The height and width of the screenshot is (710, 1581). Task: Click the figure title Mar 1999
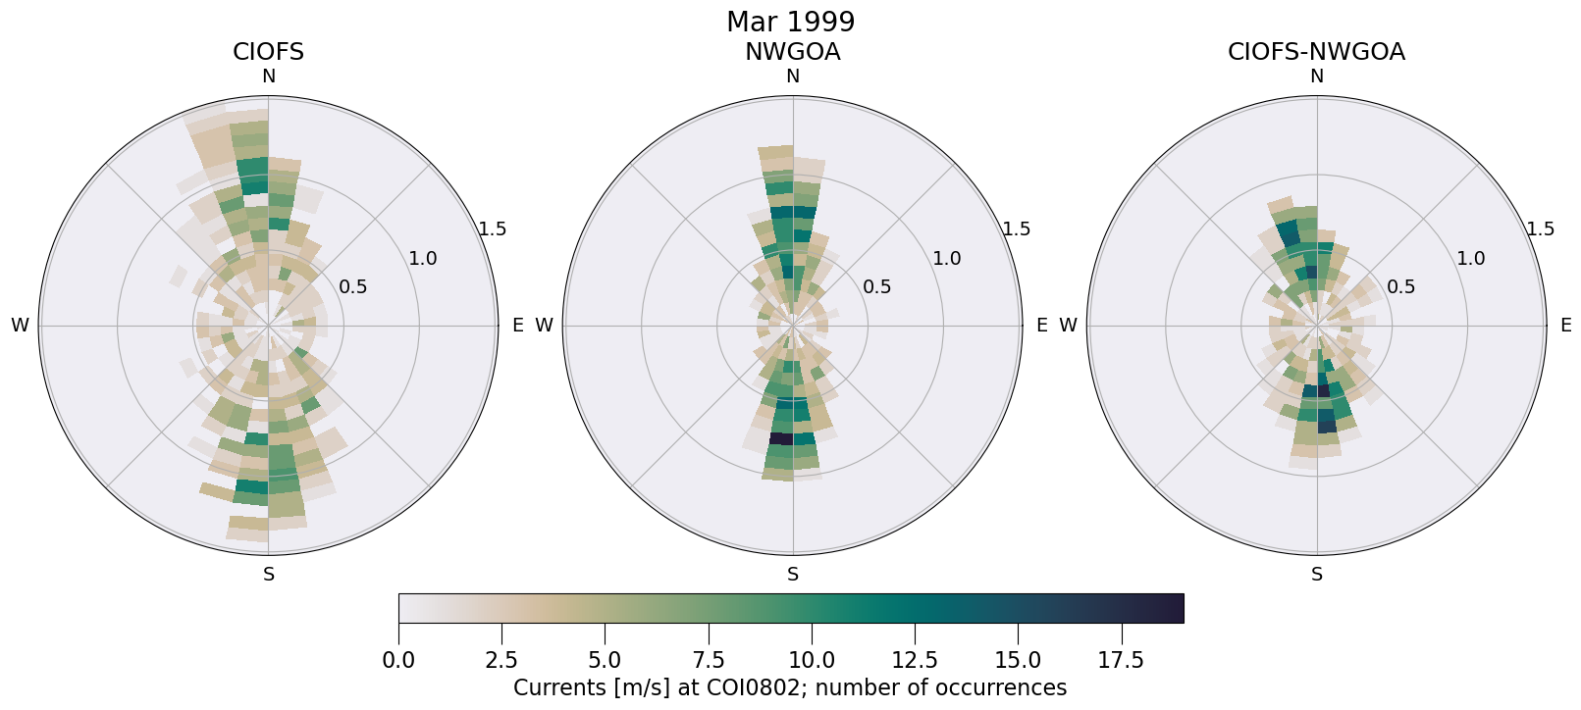790,22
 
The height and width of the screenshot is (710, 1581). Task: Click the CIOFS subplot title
268,52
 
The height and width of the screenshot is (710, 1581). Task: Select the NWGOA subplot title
792,52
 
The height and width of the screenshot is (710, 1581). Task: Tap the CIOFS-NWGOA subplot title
1316,52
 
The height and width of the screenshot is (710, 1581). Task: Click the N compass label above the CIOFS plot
268,76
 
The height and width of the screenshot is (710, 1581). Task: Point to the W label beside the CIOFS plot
20,326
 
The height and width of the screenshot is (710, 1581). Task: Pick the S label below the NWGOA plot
792,575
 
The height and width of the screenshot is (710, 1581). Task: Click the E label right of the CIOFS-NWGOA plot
1565,326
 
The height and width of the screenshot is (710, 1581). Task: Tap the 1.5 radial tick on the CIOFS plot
492,229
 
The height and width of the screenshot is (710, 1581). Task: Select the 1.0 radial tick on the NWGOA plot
946,259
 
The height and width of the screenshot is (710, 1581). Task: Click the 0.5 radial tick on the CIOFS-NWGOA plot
1400,287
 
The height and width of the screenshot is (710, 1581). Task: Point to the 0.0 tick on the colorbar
398,661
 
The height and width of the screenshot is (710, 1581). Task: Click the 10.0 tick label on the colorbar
811,661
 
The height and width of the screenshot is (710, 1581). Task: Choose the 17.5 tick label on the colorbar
1121,661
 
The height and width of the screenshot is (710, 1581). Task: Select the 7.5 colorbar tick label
708,661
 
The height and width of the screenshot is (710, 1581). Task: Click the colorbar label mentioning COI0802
790,687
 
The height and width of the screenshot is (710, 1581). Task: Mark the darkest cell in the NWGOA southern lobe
781,438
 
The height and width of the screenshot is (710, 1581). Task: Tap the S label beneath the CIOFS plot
268,575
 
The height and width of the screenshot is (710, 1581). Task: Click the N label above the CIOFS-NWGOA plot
1316,76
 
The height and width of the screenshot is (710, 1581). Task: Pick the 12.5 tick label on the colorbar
914,661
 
